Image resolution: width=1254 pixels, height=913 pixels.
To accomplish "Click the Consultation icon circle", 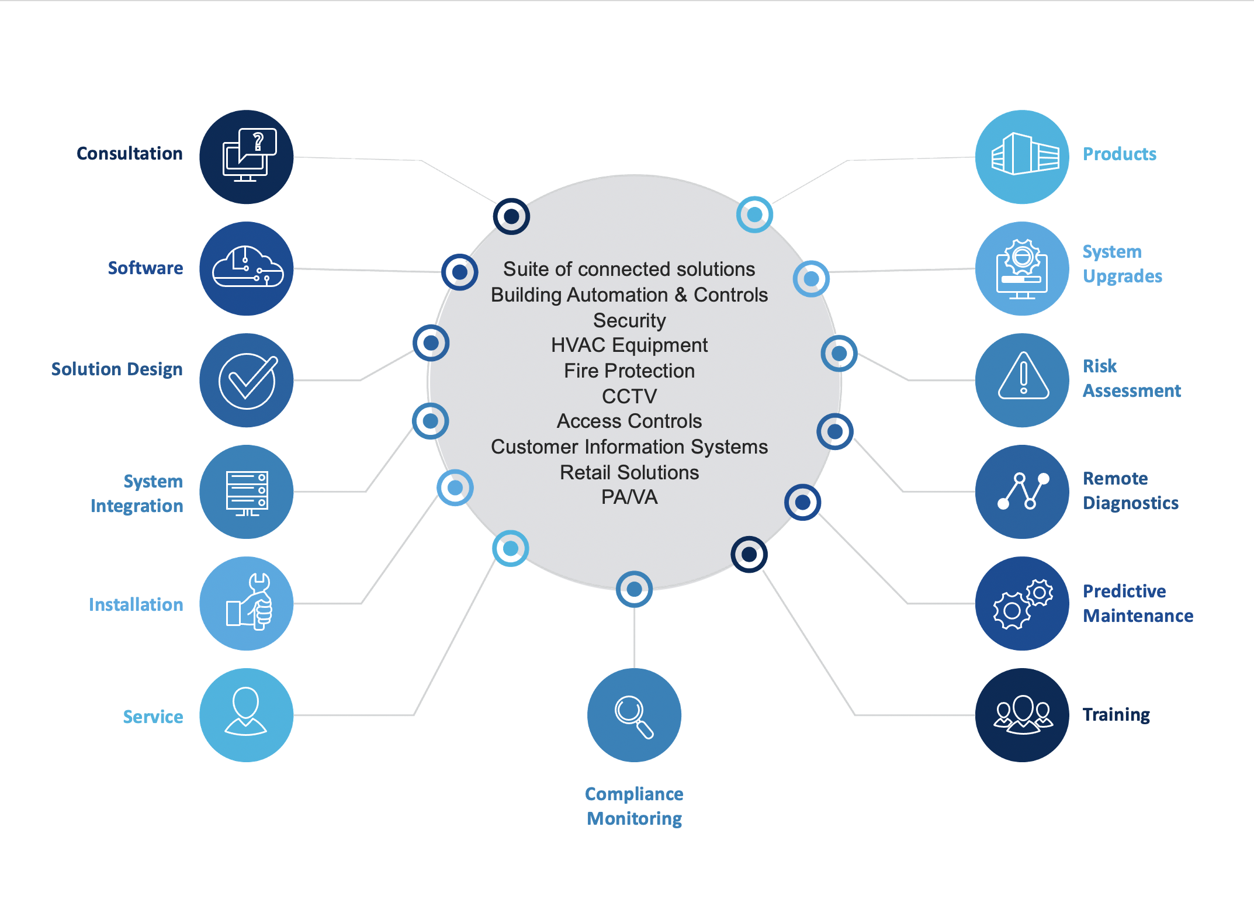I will pyautogui.click(x=246, y=157).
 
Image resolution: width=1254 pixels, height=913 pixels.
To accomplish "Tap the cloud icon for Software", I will pyautogui.click(x=246, y=268).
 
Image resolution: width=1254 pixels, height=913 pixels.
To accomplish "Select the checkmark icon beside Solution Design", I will pyautogui.click(x=246, y=380).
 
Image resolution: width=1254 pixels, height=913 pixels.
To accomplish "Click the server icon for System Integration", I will pyautogui.click(x=246, y=492).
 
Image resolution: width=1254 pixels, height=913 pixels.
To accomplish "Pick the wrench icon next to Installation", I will pyautogui.click(x=246, y=603).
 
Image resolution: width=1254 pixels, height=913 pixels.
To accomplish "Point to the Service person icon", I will pyautogui.click(x=246, y=715).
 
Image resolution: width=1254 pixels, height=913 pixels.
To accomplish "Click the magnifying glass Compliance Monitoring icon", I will pyautogui.click(x=634, y=715).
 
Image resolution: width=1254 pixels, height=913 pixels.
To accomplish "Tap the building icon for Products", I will pyautogui.click(x=1022, y=157).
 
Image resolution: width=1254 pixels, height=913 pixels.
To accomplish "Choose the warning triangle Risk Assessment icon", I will pyautogui.click(x=1022, y=380).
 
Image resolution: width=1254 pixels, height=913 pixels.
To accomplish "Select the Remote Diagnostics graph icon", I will pyautogui.click(x=1022, y=492).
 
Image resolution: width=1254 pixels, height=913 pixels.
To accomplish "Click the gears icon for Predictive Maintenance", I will pyautogui.click(x=1022, y=603).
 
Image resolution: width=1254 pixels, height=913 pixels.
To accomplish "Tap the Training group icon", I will pyautogui.click(x=1022, y=715).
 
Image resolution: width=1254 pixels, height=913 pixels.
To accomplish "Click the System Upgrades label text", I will pyautogui.click(x=1122, y=264).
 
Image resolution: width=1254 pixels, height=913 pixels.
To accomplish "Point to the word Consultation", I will pyautogui.click(x=130, y=153).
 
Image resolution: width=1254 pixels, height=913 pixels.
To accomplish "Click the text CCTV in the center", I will pyautogui.click(x=629, y=396).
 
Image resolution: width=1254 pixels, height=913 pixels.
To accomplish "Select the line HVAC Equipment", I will pyautogui.click(x=629, y=345).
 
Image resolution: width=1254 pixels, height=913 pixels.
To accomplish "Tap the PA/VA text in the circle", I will pyautogui.click(x=629, y=497).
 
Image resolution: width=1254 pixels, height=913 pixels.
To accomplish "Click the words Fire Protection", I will pyautogui.click(x=629, y=371).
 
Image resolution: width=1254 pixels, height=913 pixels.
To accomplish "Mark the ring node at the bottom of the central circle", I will pyautogui.click(x=634, y=589).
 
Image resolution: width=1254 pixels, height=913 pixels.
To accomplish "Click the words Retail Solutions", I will pyautogui.click(x=629, y=472).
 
